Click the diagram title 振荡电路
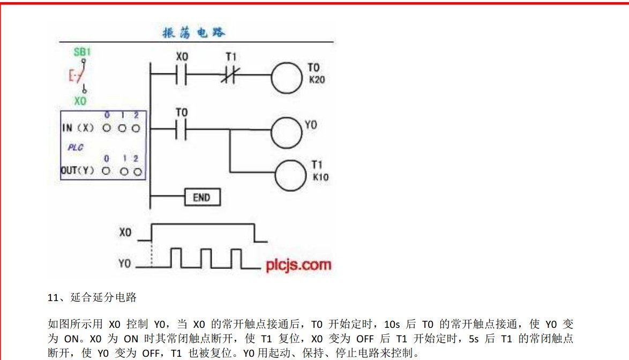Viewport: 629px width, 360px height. coord(194,33)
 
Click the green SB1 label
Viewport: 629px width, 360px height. coord(82,52)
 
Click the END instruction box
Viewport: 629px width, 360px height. coord(201,197)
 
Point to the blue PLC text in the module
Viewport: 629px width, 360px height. coord(75,147)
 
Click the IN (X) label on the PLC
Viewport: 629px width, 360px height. coord(78,129)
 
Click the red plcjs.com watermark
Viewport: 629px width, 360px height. coord(298,265)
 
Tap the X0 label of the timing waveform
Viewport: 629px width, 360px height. coord(125,234)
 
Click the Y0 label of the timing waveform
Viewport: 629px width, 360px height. coord(125,264)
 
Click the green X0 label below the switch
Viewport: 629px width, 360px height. coord(81,101)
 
